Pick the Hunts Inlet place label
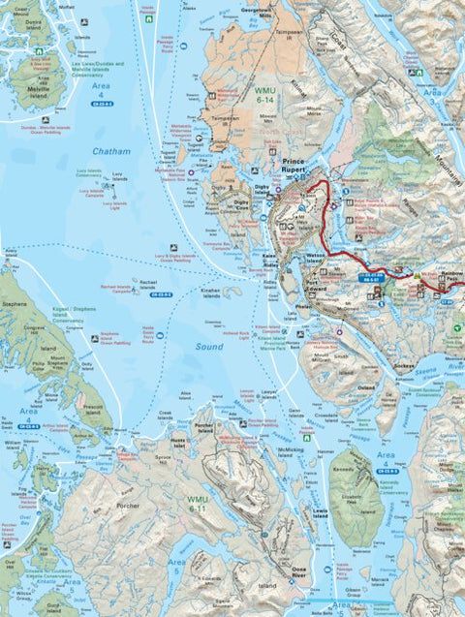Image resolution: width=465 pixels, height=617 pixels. point(177,439)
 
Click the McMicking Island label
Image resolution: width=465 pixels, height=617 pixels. point(290,448)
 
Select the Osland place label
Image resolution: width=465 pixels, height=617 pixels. point(365,387)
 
